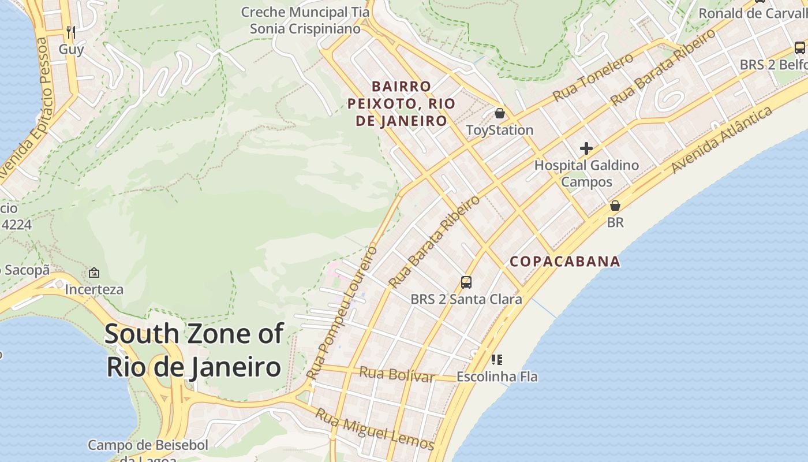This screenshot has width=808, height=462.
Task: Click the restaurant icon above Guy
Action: (x=71, y=32)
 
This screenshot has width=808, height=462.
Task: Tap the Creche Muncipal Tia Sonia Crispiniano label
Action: (x=305, y=20)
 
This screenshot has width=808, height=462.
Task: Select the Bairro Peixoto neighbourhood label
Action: (x=401, y=103)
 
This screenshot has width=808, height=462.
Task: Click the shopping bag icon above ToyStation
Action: (x=500, y=113)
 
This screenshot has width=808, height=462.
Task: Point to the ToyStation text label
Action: (x=500, y=130)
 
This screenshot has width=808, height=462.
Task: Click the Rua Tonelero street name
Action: (x=593, y=77)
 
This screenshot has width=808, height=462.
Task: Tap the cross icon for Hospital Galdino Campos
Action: (x=586, y=148)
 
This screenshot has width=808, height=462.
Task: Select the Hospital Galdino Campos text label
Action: (x=586, y=173)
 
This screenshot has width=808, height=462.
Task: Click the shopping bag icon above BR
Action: (x=615, y=206)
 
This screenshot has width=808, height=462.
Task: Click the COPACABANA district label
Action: (x=565, y=262)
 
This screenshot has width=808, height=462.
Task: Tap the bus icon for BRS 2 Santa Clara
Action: (x=466, y=282)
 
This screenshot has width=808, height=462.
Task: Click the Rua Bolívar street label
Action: (x=396, y=374)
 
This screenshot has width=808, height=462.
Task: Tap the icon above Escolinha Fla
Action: (x=497, y=360)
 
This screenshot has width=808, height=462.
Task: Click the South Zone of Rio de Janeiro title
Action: (x=194, y=351)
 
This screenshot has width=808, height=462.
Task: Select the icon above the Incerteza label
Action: (x=94, y=272)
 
